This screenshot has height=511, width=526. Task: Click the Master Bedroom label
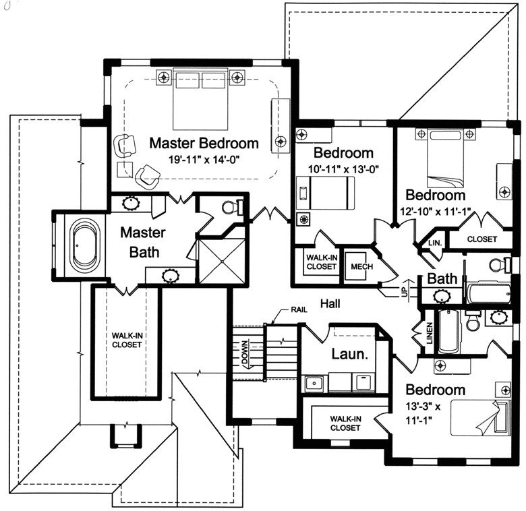point(204,143)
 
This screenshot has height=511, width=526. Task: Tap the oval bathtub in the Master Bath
point(84,245)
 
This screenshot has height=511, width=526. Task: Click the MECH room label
point(358,266)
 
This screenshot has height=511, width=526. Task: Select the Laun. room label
point(349,353)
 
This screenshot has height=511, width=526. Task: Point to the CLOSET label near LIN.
point(481,239)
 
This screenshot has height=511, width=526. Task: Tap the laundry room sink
point(313,383)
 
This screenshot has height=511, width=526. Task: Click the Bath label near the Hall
point(442,278)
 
